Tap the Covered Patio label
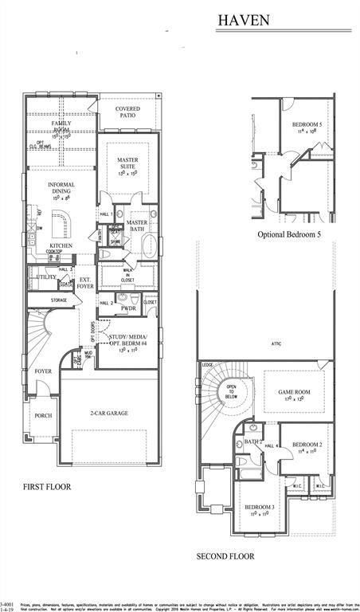(x=127, y=112)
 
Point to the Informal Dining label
(x=61, y=189)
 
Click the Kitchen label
(x=62, y=245)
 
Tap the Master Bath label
(x=137, y=226)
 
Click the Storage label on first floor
(x=58, y=300)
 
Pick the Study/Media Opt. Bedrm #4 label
(x=128, y=343)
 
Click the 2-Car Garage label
(x=109, y=413)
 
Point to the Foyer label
(x=43, y=371)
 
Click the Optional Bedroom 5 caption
(x=289, y=235)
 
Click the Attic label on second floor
(x=276, y=344)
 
